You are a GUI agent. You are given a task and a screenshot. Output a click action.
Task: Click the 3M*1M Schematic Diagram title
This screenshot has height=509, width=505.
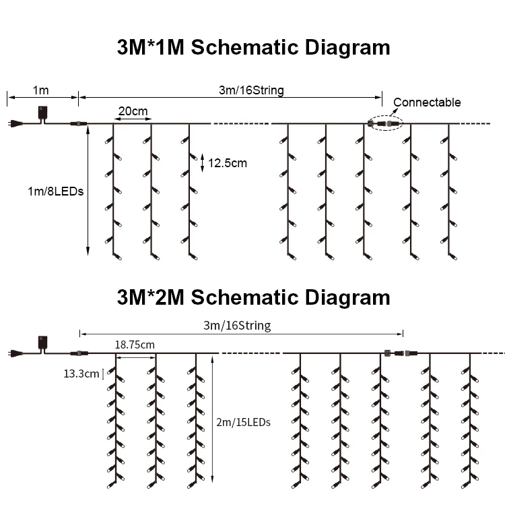pos(252,48)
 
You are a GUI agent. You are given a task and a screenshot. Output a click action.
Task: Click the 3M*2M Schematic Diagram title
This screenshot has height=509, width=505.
pos(252,297)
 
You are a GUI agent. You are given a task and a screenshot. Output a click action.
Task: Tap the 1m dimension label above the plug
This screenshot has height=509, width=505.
pos(40,90)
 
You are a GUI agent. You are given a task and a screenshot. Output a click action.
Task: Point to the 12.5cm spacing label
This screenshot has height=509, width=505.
pos(228,162)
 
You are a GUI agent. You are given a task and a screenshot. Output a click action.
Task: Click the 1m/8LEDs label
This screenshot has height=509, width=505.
pos(55,191)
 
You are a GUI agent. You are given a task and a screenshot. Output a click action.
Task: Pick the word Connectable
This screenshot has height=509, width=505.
pos(427,102)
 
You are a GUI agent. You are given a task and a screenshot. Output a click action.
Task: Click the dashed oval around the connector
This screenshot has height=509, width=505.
pos(385,125)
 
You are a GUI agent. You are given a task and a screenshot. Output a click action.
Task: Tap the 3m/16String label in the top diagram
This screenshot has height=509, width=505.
pos(251,90)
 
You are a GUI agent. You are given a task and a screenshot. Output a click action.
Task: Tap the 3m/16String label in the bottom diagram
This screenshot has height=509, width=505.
pos(237,326)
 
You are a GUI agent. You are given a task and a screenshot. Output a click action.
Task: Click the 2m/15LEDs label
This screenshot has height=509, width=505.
pos(244,423)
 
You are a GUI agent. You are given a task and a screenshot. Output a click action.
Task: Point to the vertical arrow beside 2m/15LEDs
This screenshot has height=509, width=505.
pos(212,423)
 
